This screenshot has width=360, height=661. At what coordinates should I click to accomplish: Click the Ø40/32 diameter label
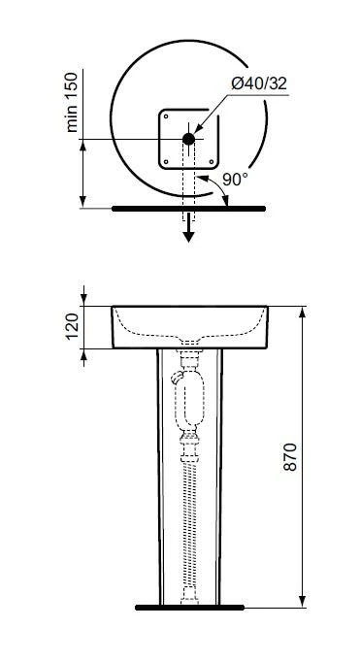(x=259, y=83)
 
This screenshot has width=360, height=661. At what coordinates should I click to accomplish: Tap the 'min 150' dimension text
(x=73, y=102)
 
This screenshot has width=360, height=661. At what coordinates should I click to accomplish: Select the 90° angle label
(x=235, y=180)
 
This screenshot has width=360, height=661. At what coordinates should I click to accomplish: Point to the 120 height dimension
(x=73, y=326)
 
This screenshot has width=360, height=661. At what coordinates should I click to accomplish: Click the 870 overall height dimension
(x=290, y=456)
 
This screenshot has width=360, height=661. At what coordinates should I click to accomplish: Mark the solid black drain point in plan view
(x=188, y=139)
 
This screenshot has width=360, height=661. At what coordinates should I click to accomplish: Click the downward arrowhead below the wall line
(x=188, y=237)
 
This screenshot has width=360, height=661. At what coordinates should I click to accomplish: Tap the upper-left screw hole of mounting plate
(x=166, y=116)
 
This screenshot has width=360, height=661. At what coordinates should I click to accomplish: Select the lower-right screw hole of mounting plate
(x=212, y=161)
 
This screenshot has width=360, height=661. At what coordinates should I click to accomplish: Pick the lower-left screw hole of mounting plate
(x=166, y=161)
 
